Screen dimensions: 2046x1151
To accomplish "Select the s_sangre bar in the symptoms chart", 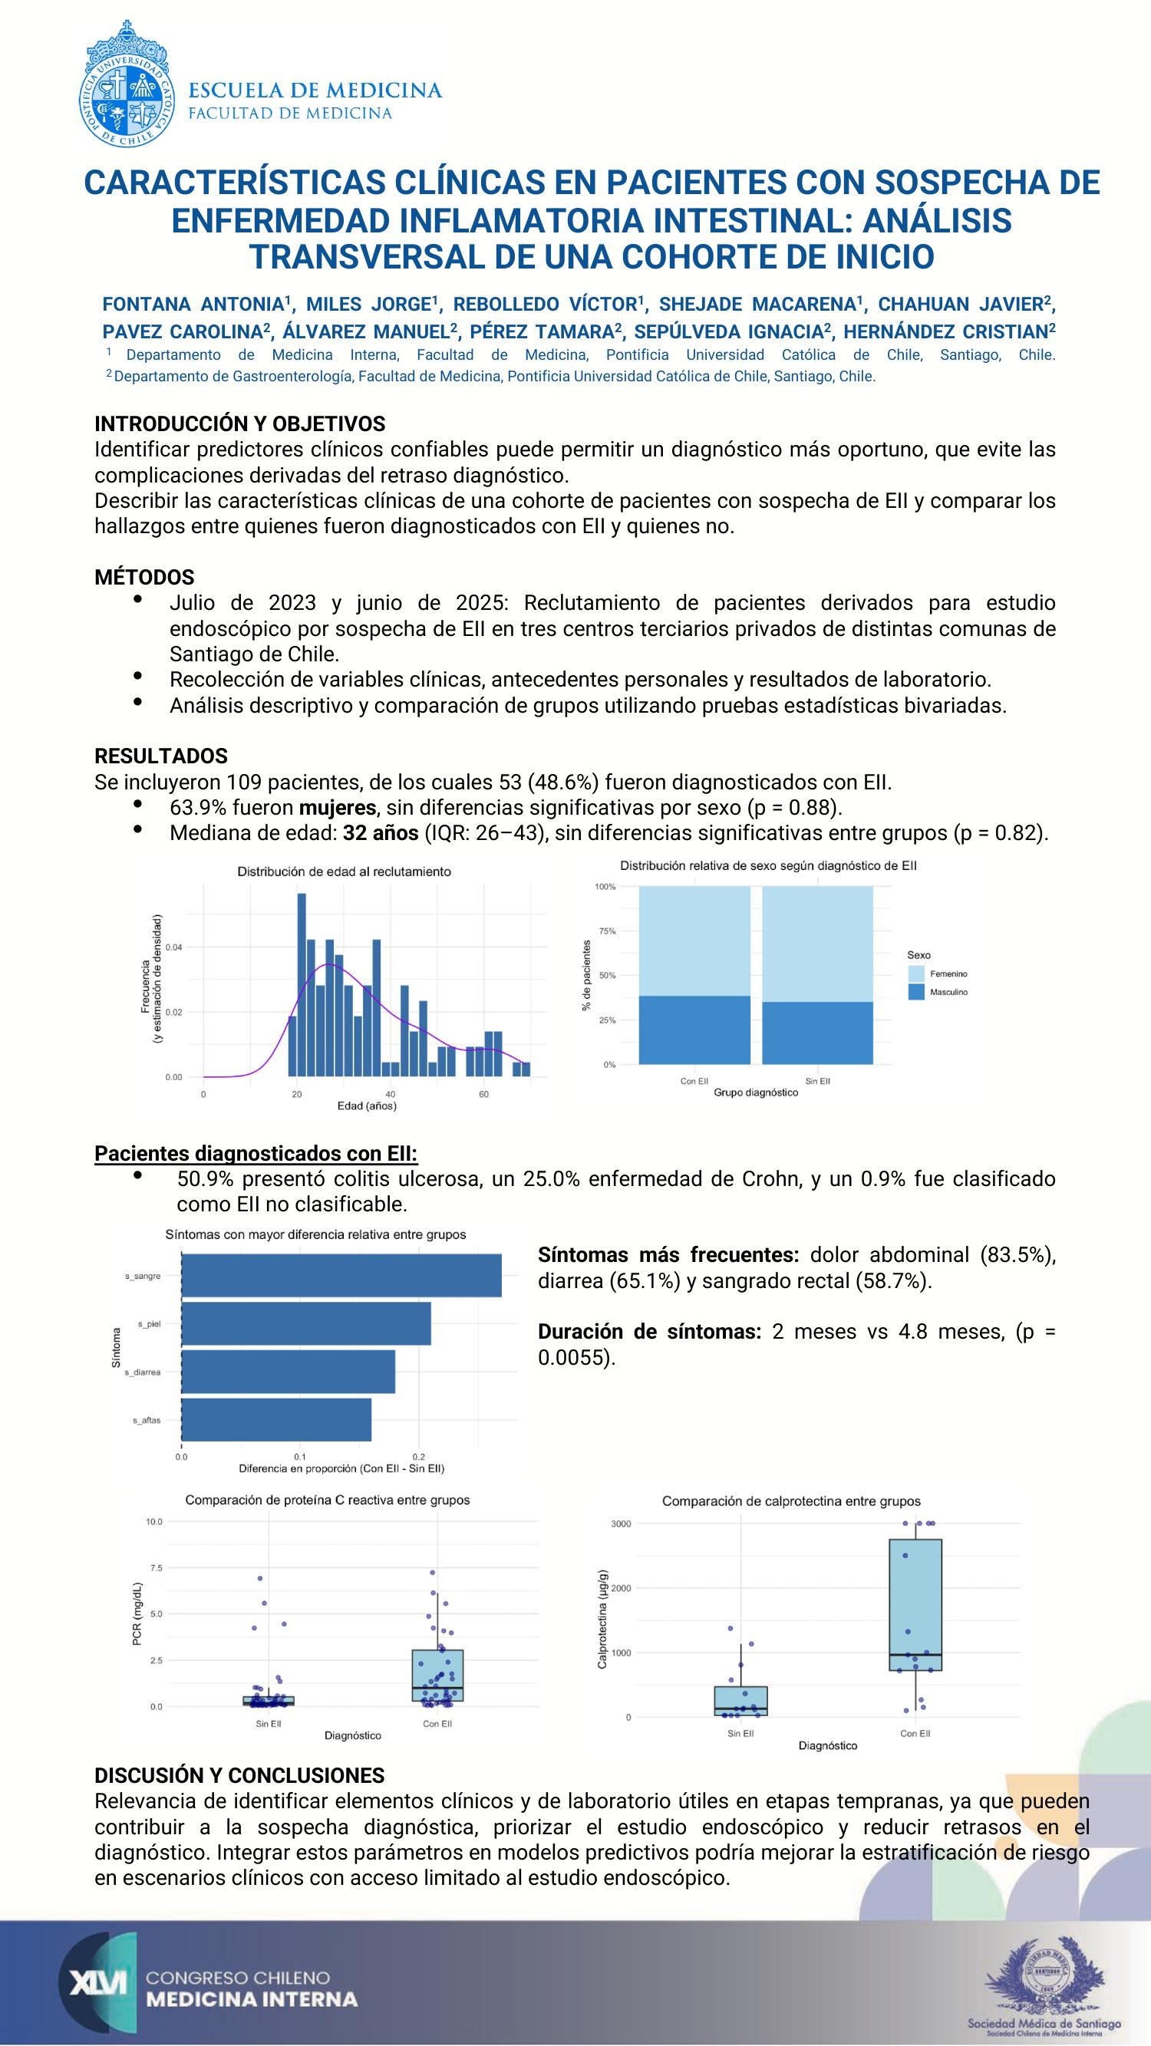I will coord(341,1275).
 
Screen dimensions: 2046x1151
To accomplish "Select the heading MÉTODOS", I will coord(144,578).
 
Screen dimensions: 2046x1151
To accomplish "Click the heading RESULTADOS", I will coord(161,756).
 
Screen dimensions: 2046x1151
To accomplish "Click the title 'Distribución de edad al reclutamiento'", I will coord(344,871).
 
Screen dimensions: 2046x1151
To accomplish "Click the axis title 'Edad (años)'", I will coord(367,1105).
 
